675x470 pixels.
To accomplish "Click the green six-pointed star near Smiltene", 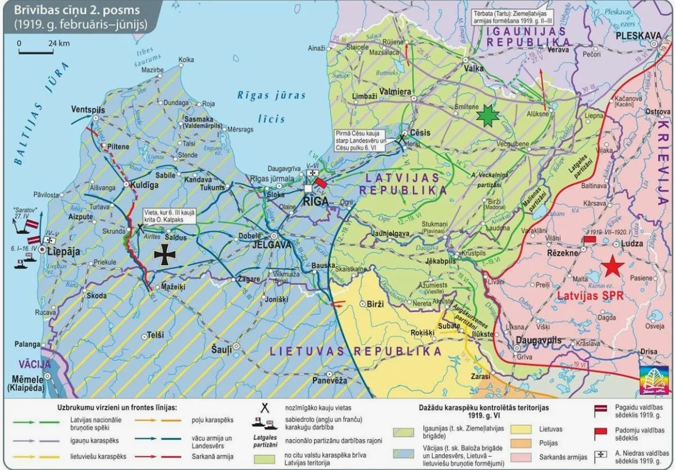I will [x=487, y=116].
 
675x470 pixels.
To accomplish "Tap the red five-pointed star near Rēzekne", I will [x=612, y=267].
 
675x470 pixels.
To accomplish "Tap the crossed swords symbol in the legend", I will [x=265, y=408].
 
